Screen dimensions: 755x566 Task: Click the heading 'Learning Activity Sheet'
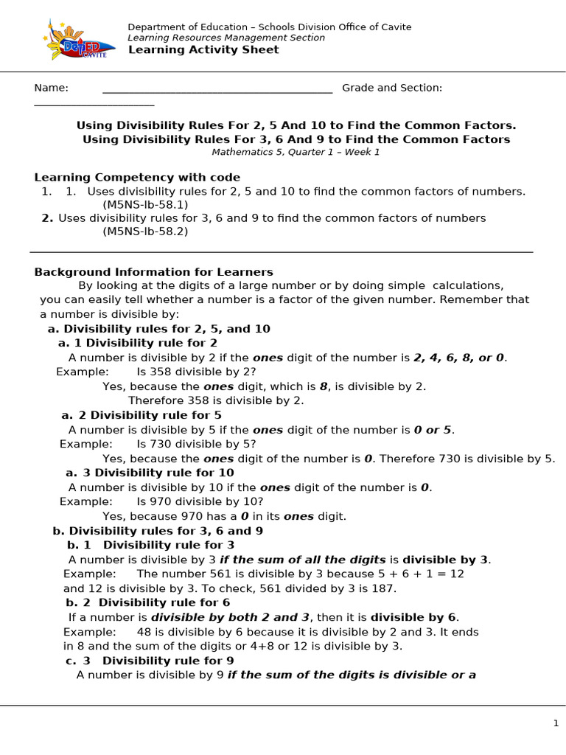[x=203, y=50]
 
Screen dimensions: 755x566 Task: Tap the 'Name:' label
[x=51, y=88]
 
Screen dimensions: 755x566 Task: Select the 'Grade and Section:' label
[x=392, y=88]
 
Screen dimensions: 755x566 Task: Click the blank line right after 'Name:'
[x=217, y=90]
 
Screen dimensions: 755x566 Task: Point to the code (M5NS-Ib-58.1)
[x=145, y=205]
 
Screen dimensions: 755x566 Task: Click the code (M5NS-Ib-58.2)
[x=145, y=232]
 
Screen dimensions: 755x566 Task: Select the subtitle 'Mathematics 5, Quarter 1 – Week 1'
[x=296, y=153]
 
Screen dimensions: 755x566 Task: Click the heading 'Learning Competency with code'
[x=137, y=178]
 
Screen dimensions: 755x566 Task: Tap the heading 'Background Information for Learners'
[x=153, y=272]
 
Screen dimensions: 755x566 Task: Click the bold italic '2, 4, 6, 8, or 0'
[x=459, y=358]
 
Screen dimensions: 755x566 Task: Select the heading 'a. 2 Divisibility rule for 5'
[x=141, y=416]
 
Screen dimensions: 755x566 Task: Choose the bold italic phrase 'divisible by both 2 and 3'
[x=229, y=618]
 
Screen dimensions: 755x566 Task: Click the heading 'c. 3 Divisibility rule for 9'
[x=150, y=661]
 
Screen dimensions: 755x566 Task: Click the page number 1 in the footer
[x=556, y=724]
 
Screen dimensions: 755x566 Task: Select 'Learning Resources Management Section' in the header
[x=226, y=38]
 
